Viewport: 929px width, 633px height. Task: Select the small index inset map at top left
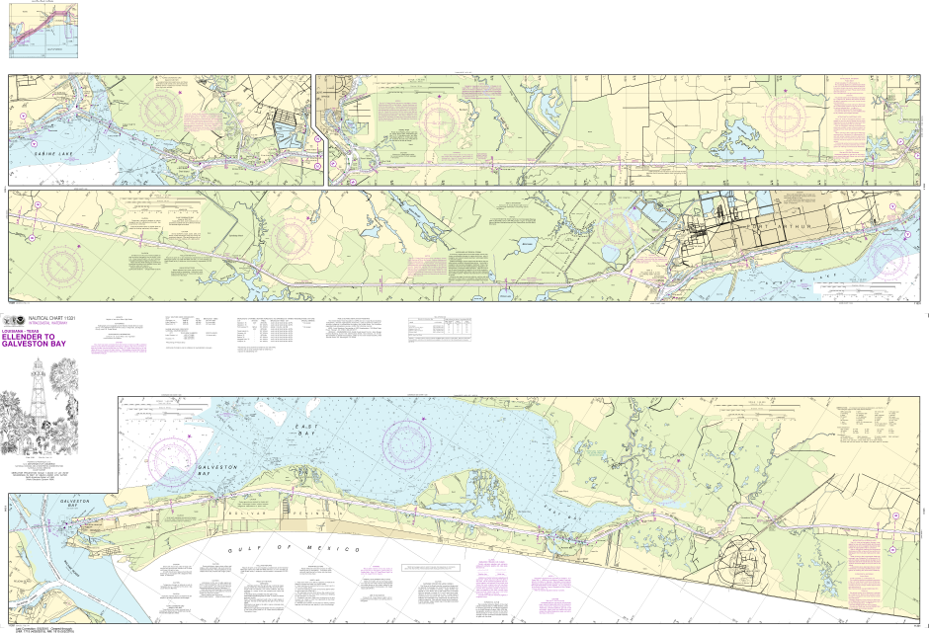[43, 31]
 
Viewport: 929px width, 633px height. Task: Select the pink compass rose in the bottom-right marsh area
[664, 481]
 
